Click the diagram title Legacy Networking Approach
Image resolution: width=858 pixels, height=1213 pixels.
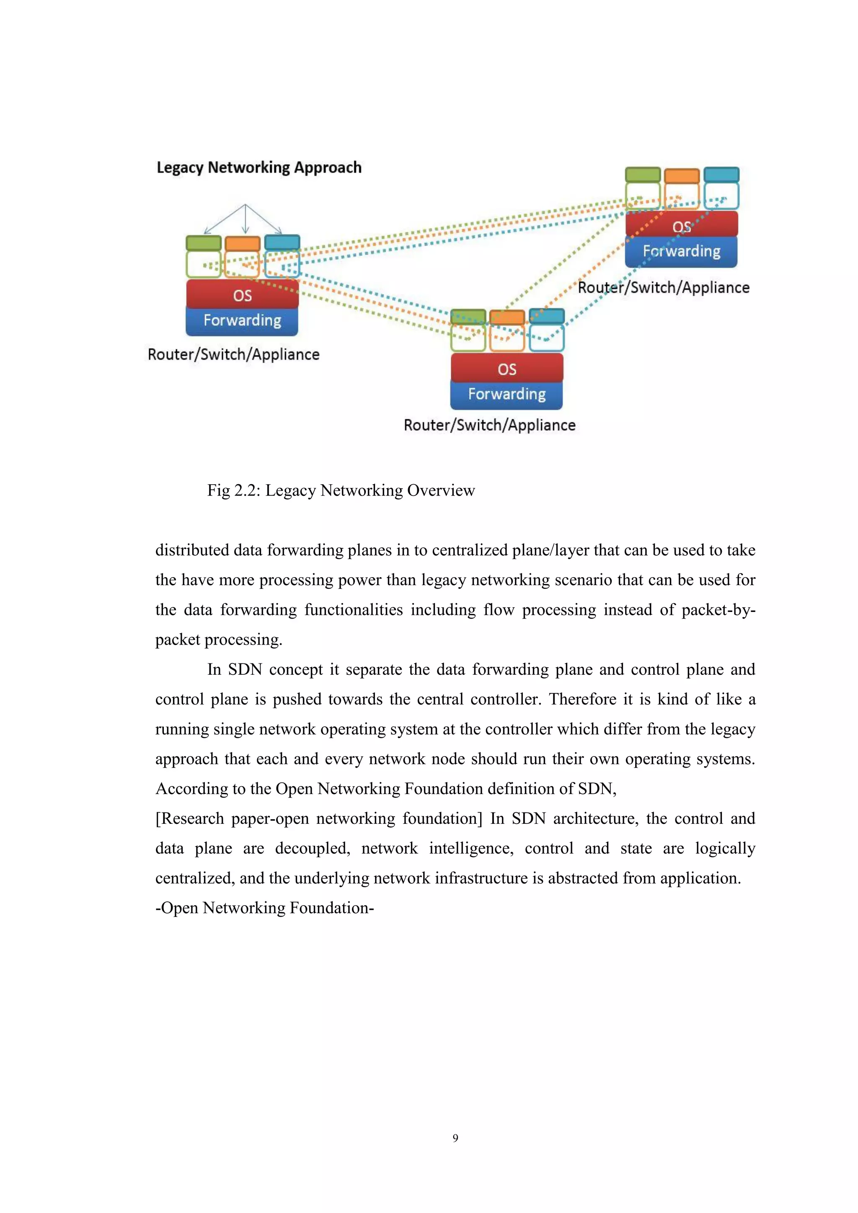(259, 168)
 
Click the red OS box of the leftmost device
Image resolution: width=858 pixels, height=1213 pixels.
(243, 295)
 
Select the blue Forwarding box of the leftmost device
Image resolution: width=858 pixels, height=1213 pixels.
(243, 321)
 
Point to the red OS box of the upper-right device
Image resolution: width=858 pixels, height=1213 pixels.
(682, 225)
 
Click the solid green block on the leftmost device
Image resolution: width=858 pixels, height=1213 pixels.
(204, 243)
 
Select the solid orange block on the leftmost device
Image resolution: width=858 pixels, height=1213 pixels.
(243, 243)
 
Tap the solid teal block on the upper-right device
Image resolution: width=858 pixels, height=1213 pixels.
(721, 175)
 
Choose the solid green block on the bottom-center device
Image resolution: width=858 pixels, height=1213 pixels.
(468, 317)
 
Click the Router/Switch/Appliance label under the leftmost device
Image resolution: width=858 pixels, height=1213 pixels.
(233, 354)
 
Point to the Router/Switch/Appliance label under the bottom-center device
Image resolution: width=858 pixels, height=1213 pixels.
(489, 425)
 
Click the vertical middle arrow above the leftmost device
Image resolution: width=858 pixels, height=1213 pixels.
(245, 219)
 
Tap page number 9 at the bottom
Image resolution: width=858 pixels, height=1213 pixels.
(455, 1138)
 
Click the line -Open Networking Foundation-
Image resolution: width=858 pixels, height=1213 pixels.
(264, 908)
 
